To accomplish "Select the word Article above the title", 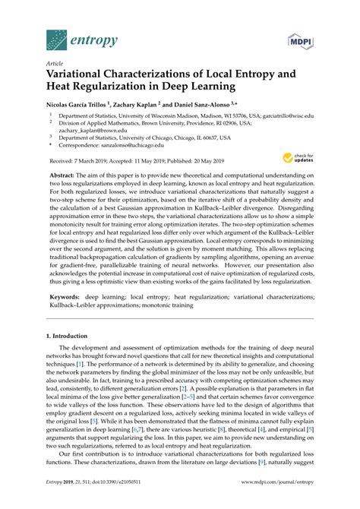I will [56, 64].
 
